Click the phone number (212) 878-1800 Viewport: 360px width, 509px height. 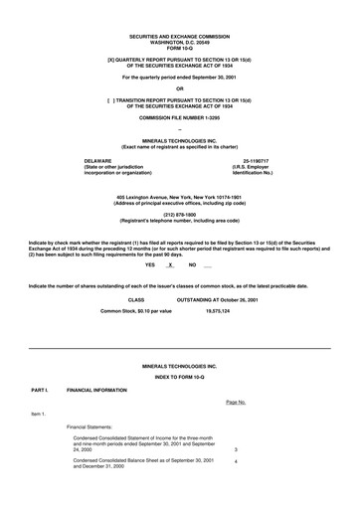[179, 215]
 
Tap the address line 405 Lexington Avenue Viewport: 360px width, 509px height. [179, 198]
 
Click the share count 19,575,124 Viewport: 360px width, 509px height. [218, 310]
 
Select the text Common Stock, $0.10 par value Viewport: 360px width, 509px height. [135, 310]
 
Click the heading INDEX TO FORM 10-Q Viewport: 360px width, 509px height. [179, 378]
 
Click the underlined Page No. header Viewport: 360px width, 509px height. [235, 402]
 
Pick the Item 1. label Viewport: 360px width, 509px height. [39, 413]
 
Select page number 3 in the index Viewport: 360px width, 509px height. [235, 448]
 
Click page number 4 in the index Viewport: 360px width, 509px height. [235, 461]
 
